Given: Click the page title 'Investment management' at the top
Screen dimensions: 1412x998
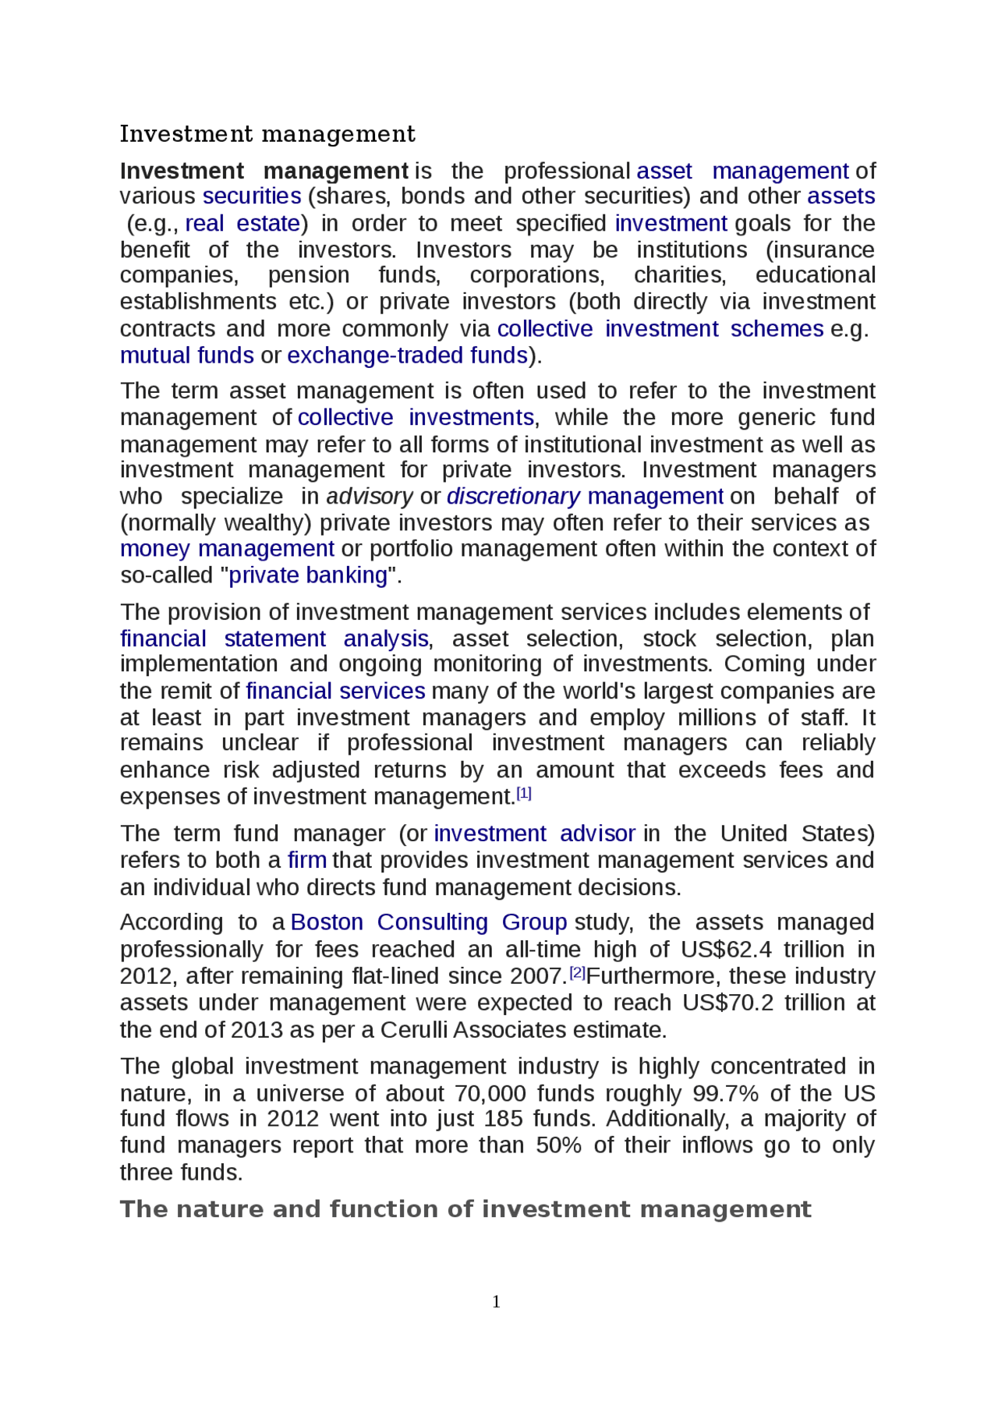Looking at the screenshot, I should pos(267,134).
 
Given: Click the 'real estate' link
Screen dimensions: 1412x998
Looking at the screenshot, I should pos(242,224).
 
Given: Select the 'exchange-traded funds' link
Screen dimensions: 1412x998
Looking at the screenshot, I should pos(407,356).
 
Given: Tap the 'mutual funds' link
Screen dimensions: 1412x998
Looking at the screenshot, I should pos(187,356).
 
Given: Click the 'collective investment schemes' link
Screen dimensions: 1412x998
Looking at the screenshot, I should pos(660,329).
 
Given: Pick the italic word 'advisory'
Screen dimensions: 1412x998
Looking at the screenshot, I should pos(370,497).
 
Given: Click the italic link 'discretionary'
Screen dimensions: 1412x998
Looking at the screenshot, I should pos(513,497).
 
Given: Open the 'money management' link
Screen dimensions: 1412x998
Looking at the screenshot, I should pos(227,549).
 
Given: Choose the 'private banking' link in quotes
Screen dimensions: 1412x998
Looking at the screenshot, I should pos(308,575).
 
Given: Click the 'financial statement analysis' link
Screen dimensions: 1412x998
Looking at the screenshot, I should pos(274,639).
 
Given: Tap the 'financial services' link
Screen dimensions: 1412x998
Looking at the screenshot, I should pos(335,692).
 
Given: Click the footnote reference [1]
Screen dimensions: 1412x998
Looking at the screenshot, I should pos(524,794).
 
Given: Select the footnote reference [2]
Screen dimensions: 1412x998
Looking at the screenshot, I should pos(577,973).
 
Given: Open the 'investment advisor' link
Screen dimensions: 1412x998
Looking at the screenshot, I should pos(534,833).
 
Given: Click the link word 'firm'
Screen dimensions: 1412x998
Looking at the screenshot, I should pos(307,860).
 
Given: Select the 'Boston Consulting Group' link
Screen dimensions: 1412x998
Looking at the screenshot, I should pos(428,922).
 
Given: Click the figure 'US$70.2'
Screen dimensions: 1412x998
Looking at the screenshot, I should pos(727,1003).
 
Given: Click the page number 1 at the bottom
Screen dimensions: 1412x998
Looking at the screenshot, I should pos(497,1301).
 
